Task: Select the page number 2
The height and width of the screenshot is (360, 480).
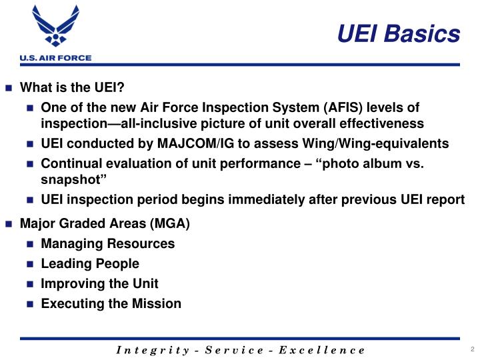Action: coord(471,349)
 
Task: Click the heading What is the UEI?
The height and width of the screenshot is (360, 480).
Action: coord(73,88)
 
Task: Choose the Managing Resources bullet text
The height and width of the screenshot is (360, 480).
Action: coord(107,243)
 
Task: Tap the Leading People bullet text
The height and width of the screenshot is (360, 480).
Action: coord(90,263)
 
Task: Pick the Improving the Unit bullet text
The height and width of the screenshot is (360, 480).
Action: coord(99,283)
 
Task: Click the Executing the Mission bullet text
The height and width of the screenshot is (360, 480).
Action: coord(111,303)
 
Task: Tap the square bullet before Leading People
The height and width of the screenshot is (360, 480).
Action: coord(30,264)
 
